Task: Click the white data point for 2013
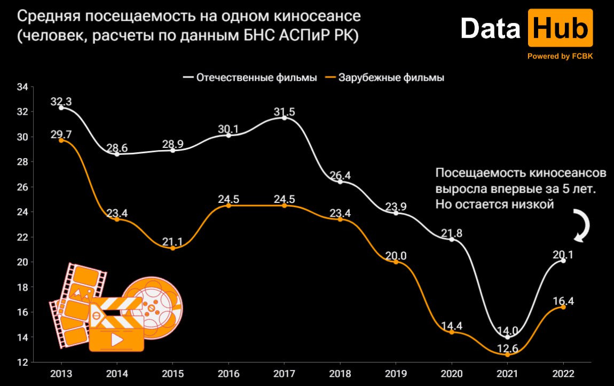coord(61,108)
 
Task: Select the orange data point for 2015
coord(173,248)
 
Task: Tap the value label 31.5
coord(284,112)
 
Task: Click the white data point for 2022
coord(563,261)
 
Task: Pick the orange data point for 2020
coord(452,332)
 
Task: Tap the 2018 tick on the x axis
coord(340,372)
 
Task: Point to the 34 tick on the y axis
coord(23,87)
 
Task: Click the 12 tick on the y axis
coord(23,363)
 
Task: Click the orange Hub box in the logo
coord(560,29)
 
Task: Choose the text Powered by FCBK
coord(560,56)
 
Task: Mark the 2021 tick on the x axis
coord(507,372)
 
